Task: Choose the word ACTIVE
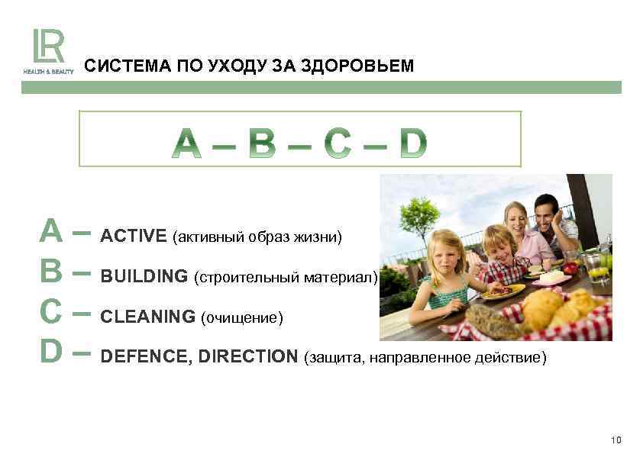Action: coord(134,236)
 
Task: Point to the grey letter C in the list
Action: coord(51,312)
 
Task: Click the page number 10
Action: coord(617,440)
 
